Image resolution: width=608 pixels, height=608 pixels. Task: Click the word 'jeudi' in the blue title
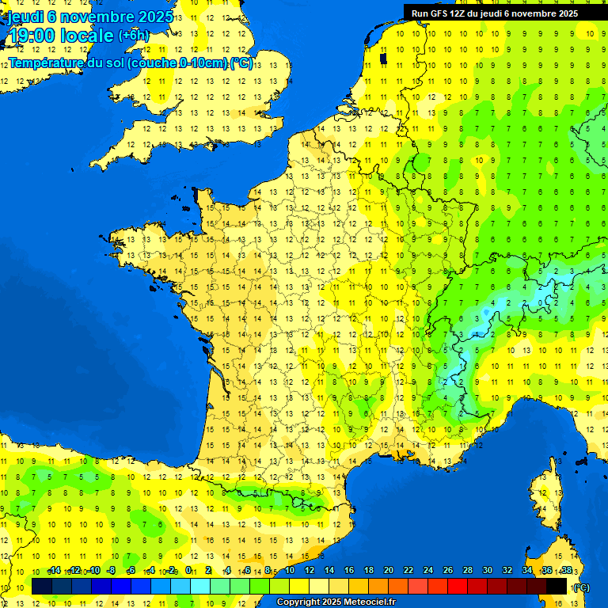point(24,17)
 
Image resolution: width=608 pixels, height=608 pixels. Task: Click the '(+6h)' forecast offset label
point(133,36)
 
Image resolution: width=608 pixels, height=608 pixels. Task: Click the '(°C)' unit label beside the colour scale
point(581,587)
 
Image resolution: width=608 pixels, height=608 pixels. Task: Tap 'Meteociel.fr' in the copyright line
point(368,602)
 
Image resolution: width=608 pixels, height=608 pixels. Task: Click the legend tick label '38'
point(566,571)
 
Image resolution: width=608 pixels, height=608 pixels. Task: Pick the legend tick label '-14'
point(54,571)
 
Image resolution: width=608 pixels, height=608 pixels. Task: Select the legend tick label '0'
point(188,571)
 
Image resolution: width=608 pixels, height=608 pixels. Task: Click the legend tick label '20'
point(388,571)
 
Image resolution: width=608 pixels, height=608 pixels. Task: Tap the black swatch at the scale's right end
point(557,586)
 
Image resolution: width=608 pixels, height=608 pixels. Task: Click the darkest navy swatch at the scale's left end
point(42,586)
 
